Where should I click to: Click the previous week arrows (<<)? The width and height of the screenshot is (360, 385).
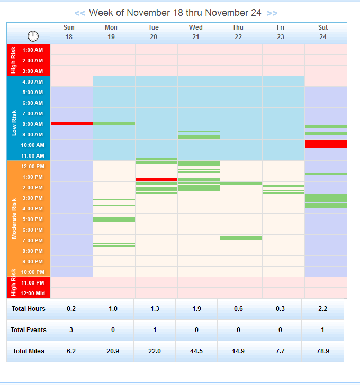(x=79, y=13)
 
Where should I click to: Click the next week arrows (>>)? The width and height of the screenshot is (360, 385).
(x=272, y=13)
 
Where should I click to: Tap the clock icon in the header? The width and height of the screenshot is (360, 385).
(x=33, y=35)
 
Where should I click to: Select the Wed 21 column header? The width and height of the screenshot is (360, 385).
(x=196, y=32)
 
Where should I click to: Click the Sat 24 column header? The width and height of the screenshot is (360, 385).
(x=323, y=32)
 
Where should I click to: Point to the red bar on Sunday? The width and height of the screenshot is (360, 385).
(x=71, y=123)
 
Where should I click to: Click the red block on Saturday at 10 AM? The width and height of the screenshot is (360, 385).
(x=326, y=143)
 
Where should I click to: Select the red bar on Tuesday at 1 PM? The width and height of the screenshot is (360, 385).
(x=156, y=179)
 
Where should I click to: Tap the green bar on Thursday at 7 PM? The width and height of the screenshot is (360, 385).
(x=241, y=238)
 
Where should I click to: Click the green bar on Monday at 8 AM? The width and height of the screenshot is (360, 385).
(x=114, y=123)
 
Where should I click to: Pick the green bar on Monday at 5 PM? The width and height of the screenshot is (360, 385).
(x=114, y=219)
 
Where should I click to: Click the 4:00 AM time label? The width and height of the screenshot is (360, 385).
(x=33, y=82)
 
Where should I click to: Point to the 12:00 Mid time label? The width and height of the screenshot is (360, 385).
(x=33, y=293)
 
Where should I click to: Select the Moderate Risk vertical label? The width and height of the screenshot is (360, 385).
(x=14, y=218)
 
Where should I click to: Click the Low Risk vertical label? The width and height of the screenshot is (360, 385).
(x=14, y=123)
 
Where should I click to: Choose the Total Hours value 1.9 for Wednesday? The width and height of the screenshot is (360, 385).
(x=196, y=309)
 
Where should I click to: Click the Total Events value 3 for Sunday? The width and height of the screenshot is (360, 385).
(x=71, y=330)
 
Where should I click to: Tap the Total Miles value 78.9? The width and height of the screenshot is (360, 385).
(x=323, y=351)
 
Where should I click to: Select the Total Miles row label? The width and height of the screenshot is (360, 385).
(x=29, y=351)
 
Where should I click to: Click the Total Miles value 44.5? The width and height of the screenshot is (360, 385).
(x=196, y=351)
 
